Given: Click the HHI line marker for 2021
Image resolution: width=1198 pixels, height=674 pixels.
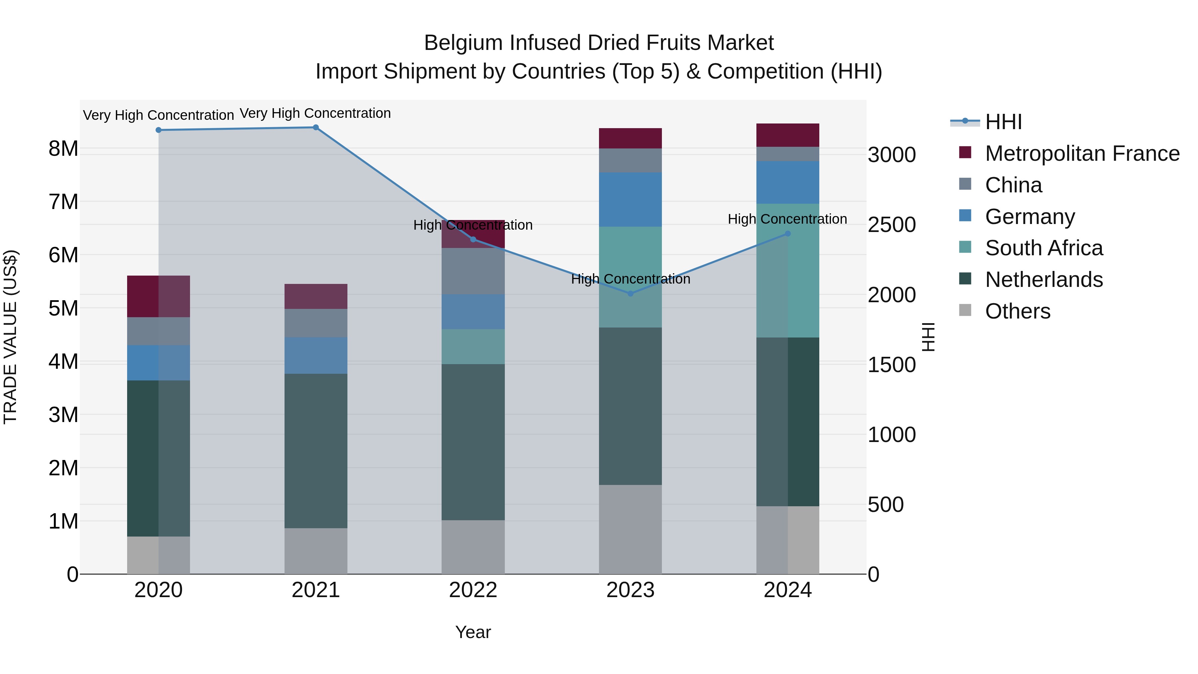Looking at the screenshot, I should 315,127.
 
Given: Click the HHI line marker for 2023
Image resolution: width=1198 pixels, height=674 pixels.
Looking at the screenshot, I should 630,294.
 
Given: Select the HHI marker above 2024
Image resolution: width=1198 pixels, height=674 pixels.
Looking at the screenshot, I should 787,234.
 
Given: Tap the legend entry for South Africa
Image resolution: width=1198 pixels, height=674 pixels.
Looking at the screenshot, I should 1043,248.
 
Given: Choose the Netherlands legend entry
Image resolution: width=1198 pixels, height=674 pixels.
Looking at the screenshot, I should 1043,280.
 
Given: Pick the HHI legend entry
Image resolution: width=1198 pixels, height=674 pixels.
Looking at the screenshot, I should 1003,122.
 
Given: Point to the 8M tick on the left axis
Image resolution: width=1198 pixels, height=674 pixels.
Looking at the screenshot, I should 63,149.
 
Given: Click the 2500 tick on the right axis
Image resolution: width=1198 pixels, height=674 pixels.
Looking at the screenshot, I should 892,225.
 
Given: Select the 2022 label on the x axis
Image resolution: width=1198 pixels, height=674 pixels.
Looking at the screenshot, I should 473,590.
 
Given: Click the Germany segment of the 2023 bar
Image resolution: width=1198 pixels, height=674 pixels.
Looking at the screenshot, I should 630,200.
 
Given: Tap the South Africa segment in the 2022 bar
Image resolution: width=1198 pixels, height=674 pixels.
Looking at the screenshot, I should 473,346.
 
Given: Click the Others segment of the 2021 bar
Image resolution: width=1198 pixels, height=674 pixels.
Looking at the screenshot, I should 316,551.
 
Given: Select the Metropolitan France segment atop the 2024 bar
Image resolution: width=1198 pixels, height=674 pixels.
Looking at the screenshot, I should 787,135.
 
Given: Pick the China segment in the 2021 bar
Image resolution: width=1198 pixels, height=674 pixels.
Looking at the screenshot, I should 316,323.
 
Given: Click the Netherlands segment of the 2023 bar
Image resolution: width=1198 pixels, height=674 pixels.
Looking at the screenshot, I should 630,406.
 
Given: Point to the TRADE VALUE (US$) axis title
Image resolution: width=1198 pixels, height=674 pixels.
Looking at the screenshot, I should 10,337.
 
